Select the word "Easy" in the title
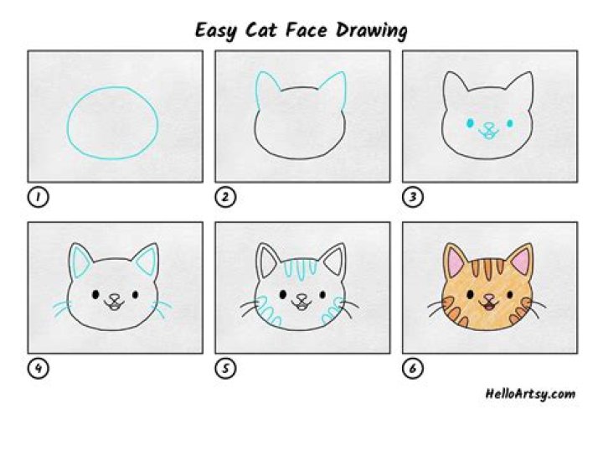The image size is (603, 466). [214, 32]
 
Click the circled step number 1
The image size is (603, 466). [38, 197]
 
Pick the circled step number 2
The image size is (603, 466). [225, 197]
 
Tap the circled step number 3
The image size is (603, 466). [413, 197]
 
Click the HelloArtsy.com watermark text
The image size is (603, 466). [530, 393]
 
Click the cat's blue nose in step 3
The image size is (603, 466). [488, 127]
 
